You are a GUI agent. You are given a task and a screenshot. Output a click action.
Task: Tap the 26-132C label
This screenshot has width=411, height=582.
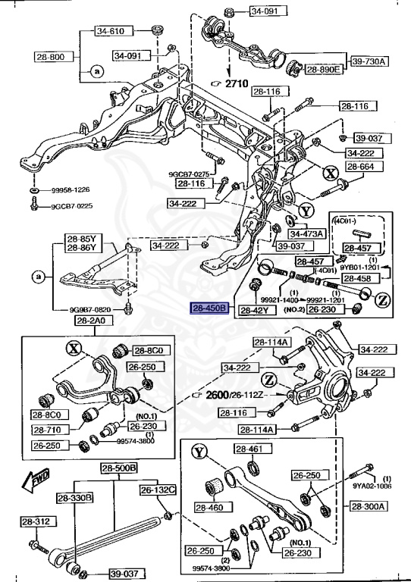[x=157, y=490]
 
